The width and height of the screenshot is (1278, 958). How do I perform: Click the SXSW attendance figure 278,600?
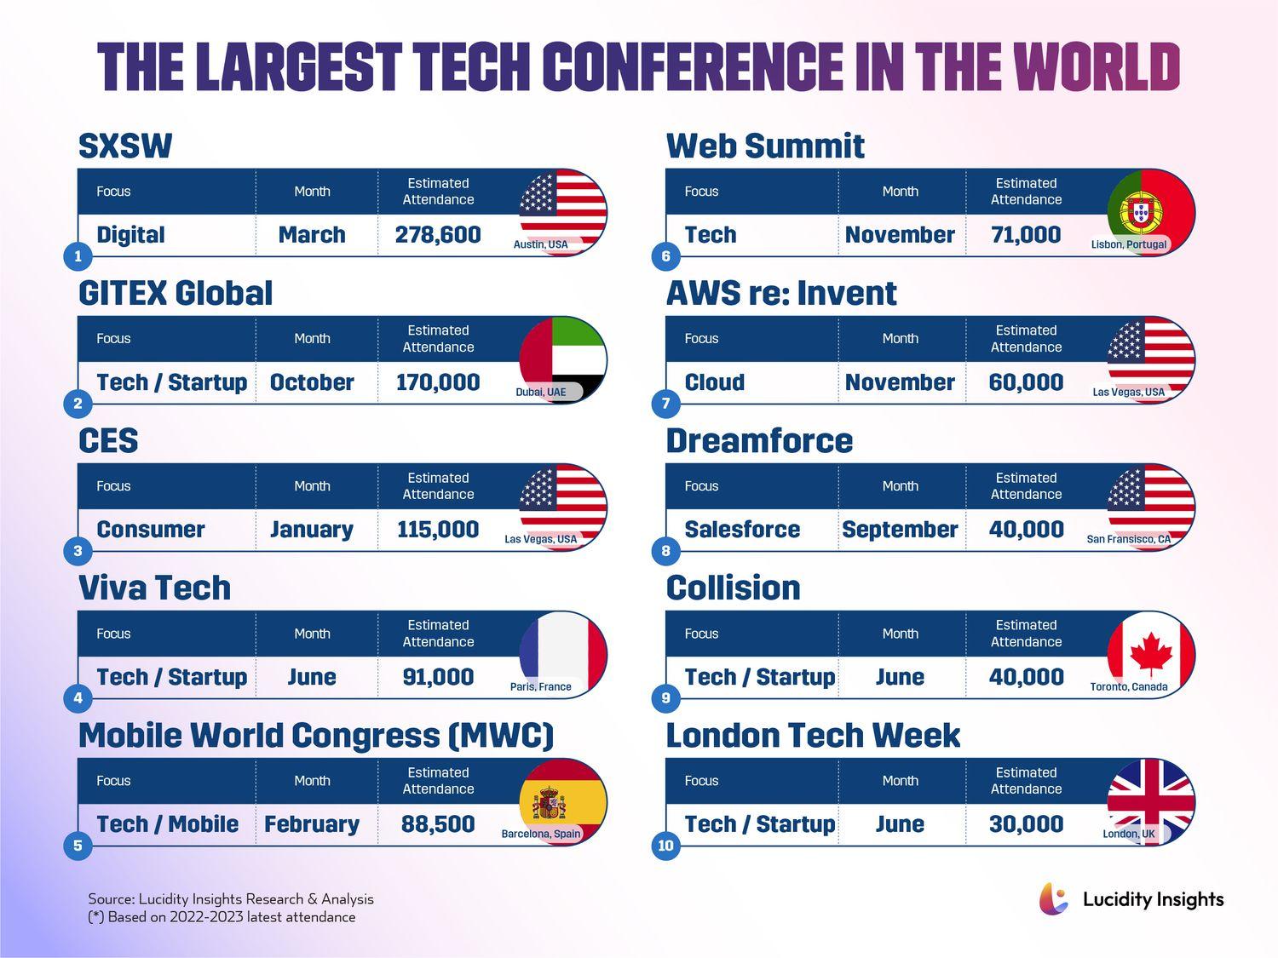pyautogui.click(x=438, y=235)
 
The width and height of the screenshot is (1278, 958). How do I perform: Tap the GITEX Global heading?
pyautogui.click(x=176, y=294)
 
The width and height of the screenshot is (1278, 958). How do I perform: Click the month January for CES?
pyautogui.click(x=312, y=530)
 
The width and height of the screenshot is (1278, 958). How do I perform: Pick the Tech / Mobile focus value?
pyautogui.click(x=168, y=824)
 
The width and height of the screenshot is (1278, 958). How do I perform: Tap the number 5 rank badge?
pyautogui.click(x=78, y=846)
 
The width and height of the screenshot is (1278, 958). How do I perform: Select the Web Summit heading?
pyautogui.click(x=765, y=146)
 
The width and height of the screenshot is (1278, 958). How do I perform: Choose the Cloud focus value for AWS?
pyautogui.click(x=715, y=382)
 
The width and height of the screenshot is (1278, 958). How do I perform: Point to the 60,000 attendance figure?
pyautogui.click(x=1026, y=382)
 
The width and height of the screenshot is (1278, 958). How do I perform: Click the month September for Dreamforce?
pyautogui.click(x=900, y=530)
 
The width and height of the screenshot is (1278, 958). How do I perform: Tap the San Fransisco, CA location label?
pyautogui.click(x=1129, y=539)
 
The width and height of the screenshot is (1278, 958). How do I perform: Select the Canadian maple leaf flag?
pyautogui.click(x=1151, y=652)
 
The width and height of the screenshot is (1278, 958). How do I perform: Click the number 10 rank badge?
pyautogui.click(x=665, y=846)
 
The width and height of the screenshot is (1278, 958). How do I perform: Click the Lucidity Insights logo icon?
pyautogui.click(x=1054, y=899)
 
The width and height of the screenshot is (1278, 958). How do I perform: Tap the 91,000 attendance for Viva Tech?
pyautogui.click(x=438, y=677)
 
